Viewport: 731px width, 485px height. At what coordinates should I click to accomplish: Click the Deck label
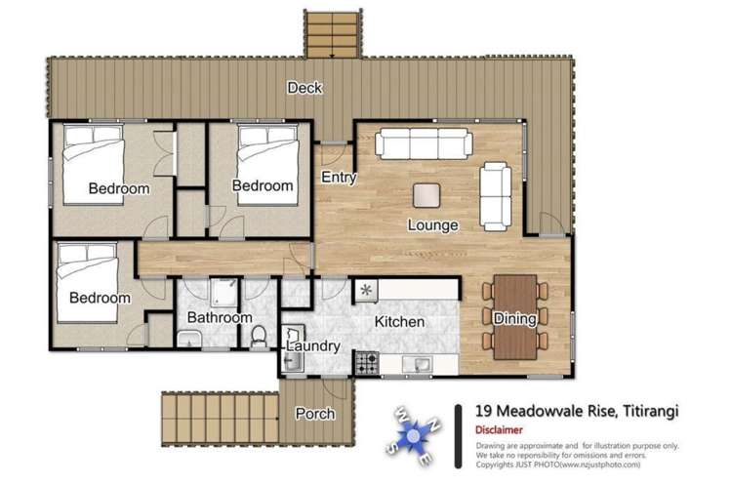[305, 88]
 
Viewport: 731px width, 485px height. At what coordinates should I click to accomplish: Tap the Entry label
[339, 178]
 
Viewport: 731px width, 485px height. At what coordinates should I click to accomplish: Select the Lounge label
[432, 225]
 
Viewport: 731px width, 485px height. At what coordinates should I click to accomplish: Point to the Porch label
[315, 414]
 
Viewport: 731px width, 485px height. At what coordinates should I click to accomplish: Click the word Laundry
[313, 346]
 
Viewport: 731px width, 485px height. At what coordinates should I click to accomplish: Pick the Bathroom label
[220, 317]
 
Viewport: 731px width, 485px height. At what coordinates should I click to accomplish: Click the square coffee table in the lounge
[426, 195]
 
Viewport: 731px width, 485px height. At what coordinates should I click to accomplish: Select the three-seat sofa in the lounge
[424, 144]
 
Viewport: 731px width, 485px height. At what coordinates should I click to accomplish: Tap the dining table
[515, 317]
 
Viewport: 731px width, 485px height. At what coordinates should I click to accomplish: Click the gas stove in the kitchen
[367, 363]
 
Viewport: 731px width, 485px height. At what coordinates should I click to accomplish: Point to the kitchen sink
[418, 364]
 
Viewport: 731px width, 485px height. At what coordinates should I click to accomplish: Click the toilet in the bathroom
[259, 337]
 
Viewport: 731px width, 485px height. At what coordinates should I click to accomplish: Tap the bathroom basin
[189, 339]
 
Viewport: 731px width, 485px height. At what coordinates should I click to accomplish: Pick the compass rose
[413, 435]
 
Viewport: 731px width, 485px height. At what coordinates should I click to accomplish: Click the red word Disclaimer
[499, 430]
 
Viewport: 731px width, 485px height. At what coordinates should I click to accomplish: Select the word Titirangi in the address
[651, 411]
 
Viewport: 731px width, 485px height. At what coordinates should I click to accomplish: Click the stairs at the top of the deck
[333, 35]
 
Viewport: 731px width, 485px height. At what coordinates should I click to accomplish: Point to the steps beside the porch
[221, 419]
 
